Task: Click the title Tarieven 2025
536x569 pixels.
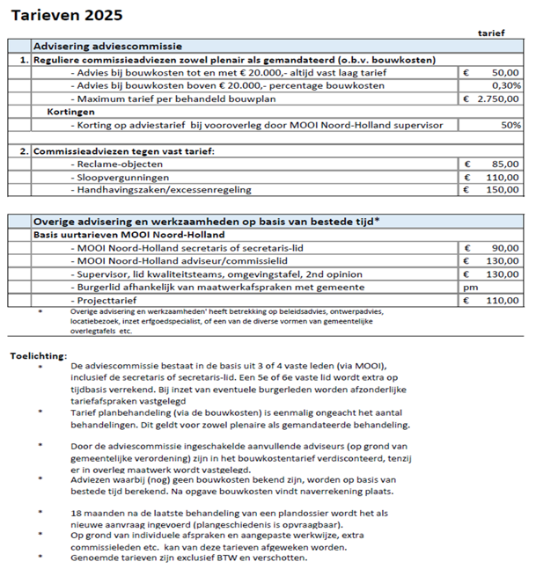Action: (x=67, y=15)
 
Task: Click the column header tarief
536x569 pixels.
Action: (x=491, y=33)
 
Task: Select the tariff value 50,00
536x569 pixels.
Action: (x=504, y=72)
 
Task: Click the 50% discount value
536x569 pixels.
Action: (x=510, y=126)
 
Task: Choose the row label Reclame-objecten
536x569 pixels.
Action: (x=113, y=164)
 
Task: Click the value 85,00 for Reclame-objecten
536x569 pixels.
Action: (x=504, y=164)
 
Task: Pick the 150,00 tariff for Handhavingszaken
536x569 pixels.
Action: (x=502, y=190)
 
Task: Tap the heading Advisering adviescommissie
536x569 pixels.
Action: (x=107, y=46)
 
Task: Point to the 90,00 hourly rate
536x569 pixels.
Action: (x=504, y=249)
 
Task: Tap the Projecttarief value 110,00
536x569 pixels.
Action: (x=502, y=301)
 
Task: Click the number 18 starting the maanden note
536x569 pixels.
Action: (x=77, y=512)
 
